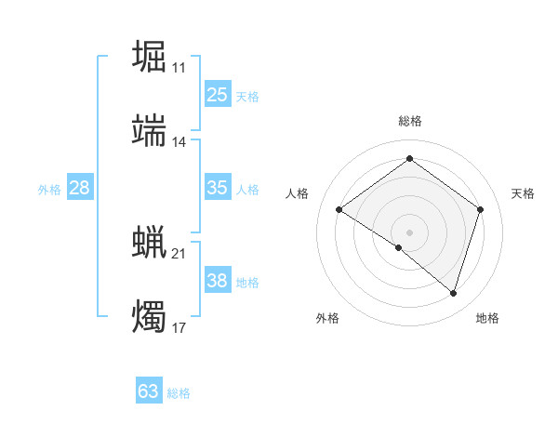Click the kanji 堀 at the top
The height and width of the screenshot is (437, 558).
[x=150, y=56]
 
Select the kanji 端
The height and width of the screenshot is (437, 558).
[x=150, y=130]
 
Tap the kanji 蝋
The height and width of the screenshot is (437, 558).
[x=150, y=242]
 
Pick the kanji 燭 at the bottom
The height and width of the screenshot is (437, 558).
[x=150, y=316]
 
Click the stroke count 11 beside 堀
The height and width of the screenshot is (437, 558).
[x=179, y=68]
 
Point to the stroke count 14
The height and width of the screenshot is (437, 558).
[x=179, y=142]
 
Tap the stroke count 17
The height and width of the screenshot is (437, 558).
[x=179, y=328]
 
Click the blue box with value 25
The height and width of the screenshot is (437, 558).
[x=217, y=95]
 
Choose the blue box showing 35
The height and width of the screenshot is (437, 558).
[x=217, y=188]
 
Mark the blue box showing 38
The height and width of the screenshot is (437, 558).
[x=217, y=281]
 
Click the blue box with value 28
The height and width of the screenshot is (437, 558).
[x=80, y=188]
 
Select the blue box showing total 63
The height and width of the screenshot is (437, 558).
[x=149, y=391]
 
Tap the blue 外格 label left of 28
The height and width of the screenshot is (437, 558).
[x=49, y=190]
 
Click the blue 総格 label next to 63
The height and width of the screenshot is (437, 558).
[x=179, y=393]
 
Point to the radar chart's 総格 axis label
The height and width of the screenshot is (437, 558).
[x=409, y=122]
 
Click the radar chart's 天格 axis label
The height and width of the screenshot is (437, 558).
[x=524, y=193]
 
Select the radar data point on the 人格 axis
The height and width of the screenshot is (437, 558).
[x=339, y=210]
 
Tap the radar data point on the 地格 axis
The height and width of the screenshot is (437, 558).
[x=453, y=293]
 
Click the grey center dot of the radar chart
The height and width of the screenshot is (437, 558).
[x=409, y=232]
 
